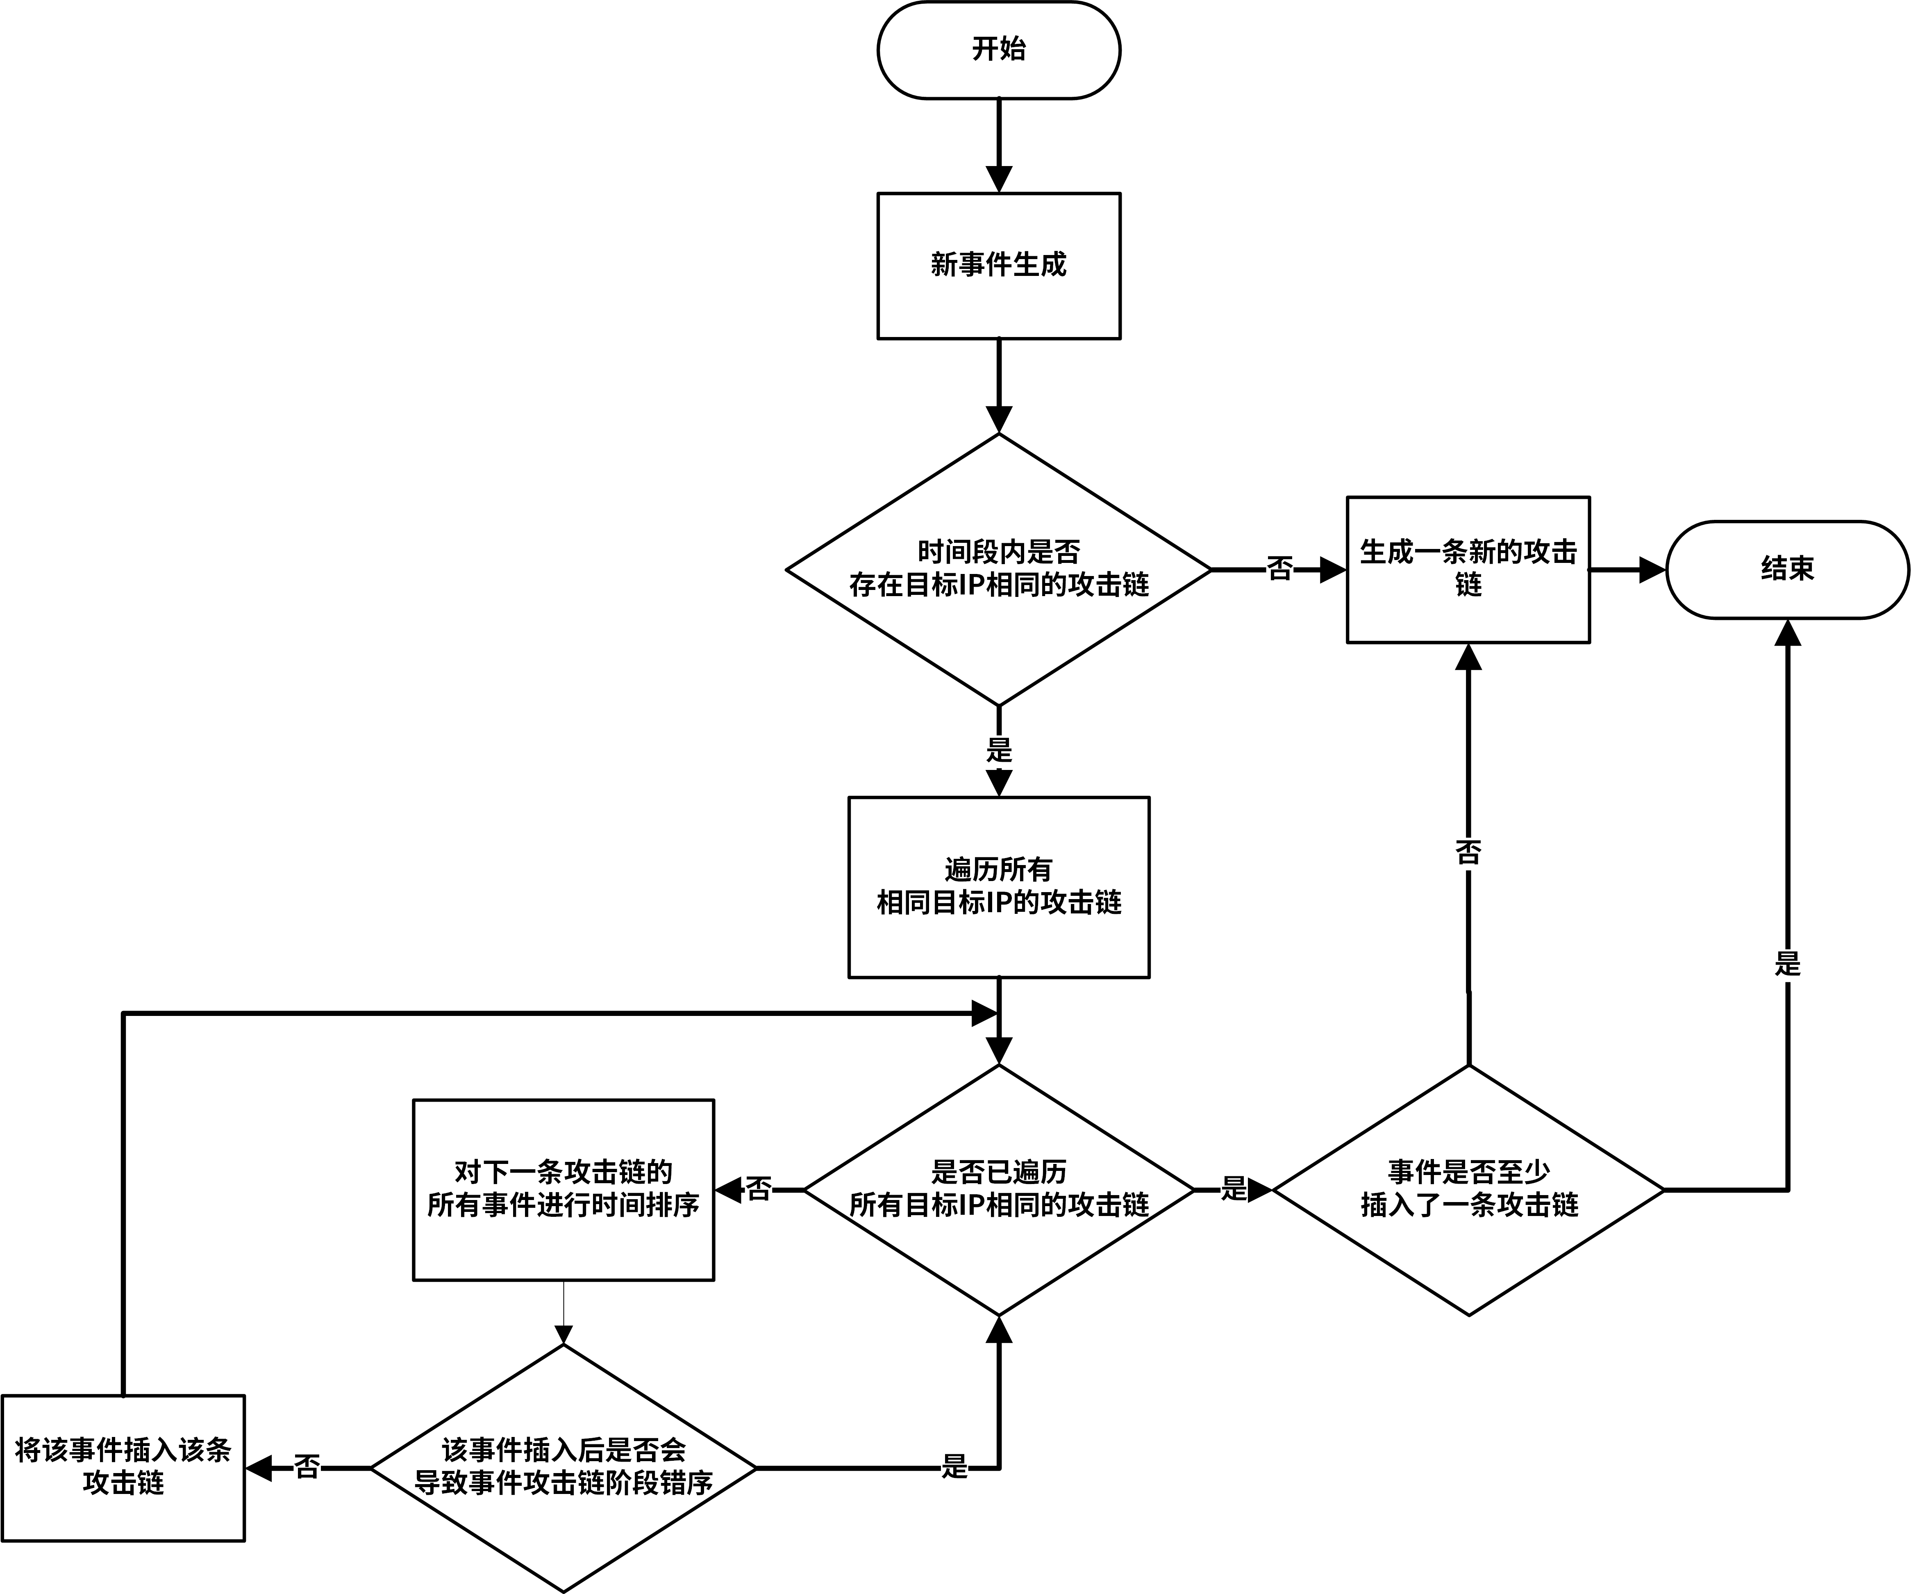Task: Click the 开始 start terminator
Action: tap(998, 50)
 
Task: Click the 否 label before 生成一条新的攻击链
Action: tap(1279, 570)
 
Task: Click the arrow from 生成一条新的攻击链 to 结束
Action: tap(1627, 570)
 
